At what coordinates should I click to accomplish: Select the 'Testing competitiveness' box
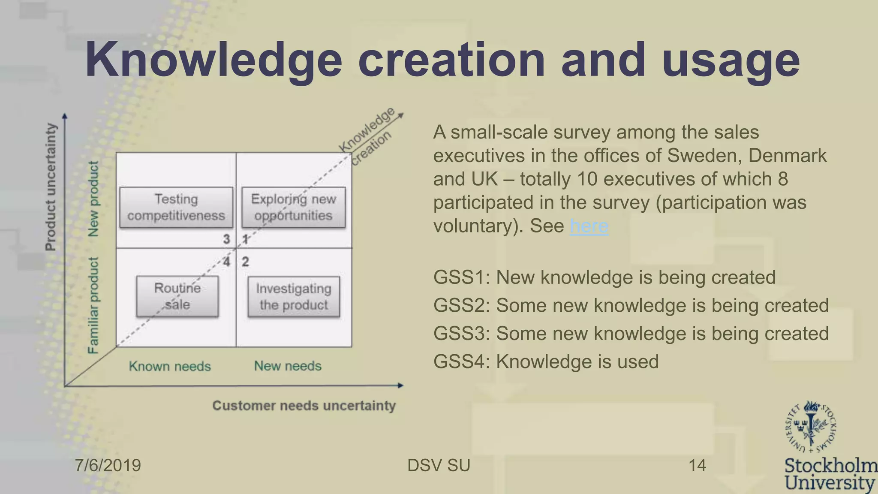coord(176,208)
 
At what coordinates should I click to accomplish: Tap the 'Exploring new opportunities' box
coord(294,208)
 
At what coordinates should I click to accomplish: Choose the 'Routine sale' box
coord(177,296)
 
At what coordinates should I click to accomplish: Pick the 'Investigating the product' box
coord(294,297)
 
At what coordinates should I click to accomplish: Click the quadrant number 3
coord(226,239)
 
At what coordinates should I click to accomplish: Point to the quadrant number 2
coord(245,262)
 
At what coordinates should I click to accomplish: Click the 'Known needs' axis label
coord(170,366)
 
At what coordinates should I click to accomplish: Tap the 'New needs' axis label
coord(288,366)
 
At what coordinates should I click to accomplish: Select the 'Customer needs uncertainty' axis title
coord(304,406)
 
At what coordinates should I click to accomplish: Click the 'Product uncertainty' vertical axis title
coord(51,187)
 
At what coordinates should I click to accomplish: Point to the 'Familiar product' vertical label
coord(93,305)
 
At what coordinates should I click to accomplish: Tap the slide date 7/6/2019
coord(108,465)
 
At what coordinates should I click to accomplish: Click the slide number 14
coord(697,465)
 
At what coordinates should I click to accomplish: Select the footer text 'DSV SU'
coord(439,465)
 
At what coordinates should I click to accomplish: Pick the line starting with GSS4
coord(546,361)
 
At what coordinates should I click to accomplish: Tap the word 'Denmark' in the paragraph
coord(787,156)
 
